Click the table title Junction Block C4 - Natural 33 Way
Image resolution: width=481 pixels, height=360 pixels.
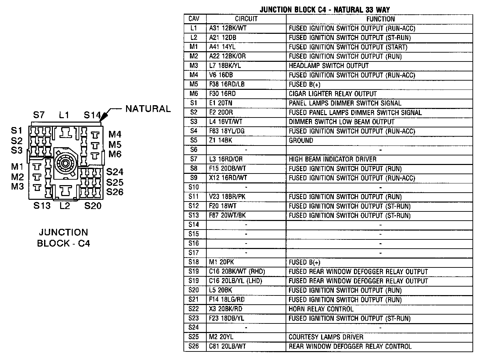coord(324,10)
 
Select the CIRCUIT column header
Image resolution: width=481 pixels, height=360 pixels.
coord(246,19)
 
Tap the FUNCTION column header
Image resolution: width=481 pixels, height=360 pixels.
coord(380,19)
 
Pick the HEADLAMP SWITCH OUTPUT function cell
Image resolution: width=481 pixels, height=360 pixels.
coord(329,66)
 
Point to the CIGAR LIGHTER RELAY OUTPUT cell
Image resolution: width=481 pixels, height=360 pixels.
coord(332,94)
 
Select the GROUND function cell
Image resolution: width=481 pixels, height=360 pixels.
coord(301,140)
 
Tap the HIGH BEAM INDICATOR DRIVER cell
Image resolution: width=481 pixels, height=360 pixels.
coord(332,159)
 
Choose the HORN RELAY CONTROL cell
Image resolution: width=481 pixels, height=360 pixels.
coord(321,309)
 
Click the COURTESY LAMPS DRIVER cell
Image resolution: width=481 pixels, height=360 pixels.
coord(326,337)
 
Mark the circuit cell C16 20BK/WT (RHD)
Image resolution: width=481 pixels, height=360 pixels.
coord(237,272)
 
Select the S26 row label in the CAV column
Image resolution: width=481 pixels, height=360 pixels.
coord(193,346)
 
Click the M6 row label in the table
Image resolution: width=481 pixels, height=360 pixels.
coord(193,94)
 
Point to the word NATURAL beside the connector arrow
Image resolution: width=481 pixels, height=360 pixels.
coord(148,109)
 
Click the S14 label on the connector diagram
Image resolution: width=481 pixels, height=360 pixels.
coord(92,115)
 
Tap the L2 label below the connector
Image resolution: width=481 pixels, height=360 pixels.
coord(65,206)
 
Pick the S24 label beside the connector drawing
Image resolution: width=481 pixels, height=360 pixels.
coord(114,172)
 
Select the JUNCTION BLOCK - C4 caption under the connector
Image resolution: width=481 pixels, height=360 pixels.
coord(63,238)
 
